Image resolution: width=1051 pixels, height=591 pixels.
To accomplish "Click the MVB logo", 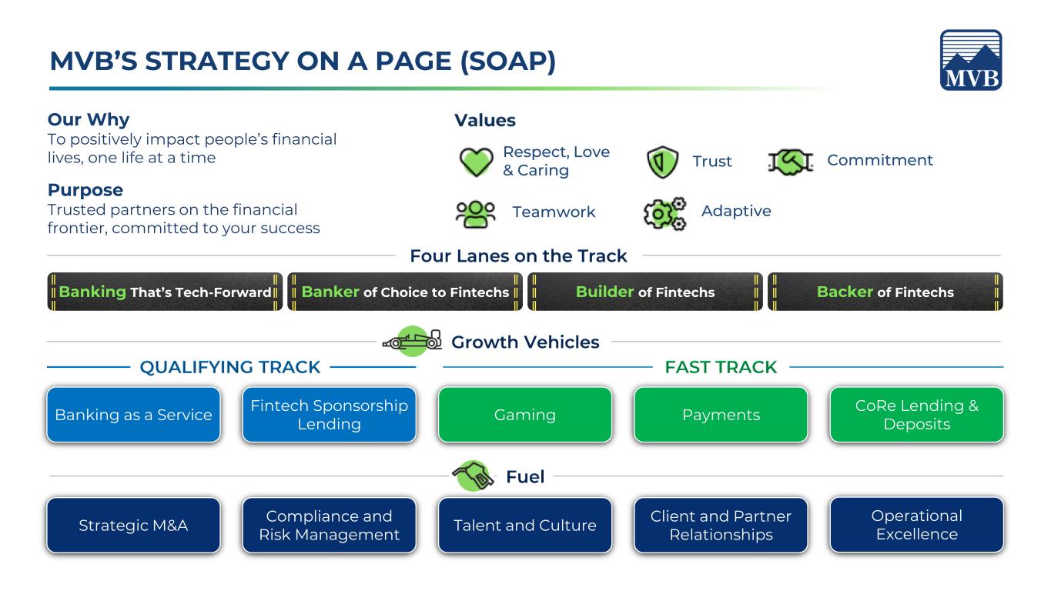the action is [x=971, y=60].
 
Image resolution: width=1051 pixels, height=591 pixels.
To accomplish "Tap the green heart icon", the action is [x=476, y=162].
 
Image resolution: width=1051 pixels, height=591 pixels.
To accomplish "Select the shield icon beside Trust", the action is [x=662, y=162].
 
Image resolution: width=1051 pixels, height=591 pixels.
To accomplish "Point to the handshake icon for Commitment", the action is [x=791, y=162].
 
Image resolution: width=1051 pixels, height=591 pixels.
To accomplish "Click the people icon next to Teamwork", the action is [x=475, y=215].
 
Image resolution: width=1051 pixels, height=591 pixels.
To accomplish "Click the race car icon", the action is [x=413, y=341].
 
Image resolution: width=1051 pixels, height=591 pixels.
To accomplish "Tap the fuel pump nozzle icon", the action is [x=473, y=476].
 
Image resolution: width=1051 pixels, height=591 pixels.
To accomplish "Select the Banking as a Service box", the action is [x=133, y=415].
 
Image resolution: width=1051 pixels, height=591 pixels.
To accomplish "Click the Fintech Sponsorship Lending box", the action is [x=329, y=415].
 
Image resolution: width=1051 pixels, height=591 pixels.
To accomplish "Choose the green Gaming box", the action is [x=525, y=415].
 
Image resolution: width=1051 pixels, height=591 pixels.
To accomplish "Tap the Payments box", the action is [x=721, y=415].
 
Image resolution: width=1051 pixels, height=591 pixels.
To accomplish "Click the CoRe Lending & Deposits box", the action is [x=917, y=415].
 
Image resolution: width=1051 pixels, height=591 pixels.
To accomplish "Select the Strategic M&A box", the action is [x=133, y=526].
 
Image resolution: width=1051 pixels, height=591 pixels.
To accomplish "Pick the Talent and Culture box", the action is [x=525, y=526].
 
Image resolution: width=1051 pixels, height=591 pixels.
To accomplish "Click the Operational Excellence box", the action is [x=917, y=525].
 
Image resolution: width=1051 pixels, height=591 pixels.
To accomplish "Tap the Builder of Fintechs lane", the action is [x=645, y=292].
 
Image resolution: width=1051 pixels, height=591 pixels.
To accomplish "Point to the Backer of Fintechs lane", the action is [x=885, y=292].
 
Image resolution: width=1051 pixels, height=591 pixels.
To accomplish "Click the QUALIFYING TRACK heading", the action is [x=230, y=367].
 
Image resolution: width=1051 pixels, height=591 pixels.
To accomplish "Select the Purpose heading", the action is [x=85, y=190].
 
